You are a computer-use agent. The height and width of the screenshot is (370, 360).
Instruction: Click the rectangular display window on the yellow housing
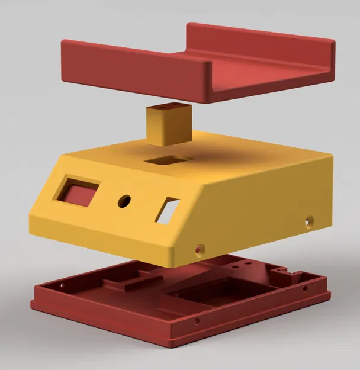(x=78, y=191)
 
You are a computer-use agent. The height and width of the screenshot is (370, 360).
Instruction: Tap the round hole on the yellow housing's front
(x=124, y=201)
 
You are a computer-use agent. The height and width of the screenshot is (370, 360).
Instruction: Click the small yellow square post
(x=168, y=126)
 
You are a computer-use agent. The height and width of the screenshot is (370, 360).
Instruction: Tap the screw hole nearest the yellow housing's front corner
(x=200, y=249)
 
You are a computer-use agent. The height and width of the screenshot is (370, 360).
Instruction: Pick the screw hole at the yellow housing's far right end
(x=308, y=222)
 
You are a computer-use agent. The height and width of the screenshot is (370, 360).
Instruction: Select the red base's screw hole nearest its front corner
(x=197, y=322)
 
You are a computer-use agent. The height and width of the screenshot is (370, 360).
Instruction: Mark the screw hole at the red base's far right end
(x=305, y=289)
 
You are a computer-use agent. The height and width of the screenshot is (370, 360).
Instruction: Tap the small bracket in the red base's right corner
(x=290, y=274)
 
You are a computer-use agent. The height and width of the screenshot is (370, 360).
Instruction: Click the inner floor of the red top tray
(x=261, y=71)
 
